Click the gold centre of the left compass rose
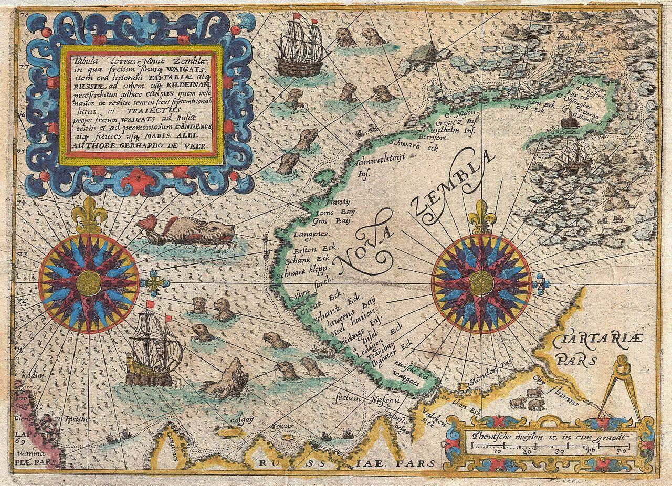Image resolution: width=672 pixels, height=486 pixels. coord(89,283)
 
